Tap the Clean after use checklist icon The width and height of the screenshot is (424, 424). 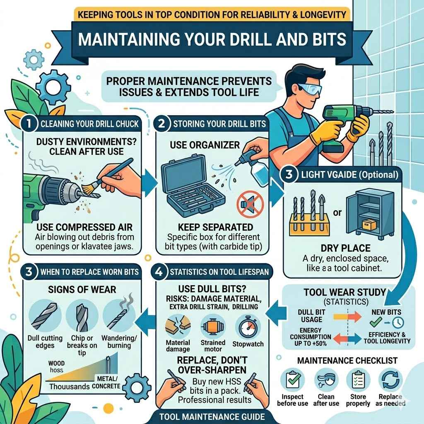325,381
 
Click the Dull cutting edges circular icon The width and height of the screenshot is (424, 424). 46,317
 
